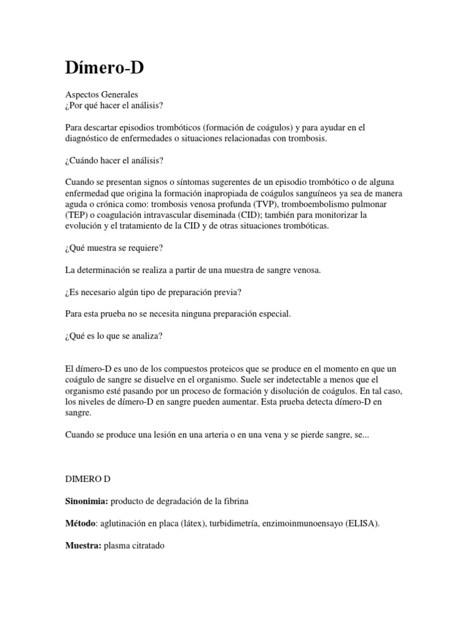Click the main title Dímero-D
(x=104, y=68)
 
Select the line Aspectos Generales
(x=101, y=95)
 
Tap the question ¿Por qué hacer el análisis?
(x=114, y=105)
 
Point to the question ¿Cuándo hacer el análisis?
(x=114, y=160)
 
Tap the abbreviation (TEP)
(x=77, y=215)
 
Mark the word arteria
(x=228, y=435)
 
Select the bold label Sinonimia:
(x=86, y=501)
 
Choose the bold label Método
(x=81, y=524)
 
